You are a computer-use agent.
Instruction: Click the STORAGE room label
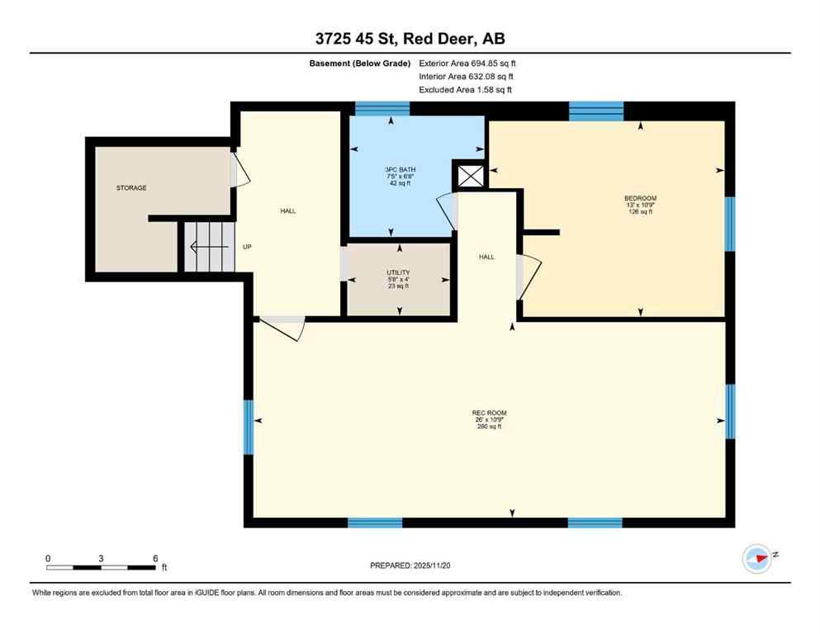[131, 188]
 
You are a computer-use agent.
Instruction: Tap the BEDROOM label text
[640, 198]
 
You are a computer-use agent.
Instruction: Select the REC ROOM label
[489, 413]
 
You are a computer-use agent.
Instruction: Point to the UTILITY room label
[398, 272]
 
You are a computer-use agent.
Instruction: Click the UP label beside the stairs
[247, 246]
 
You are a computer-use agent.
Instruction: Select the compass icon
[757, 558]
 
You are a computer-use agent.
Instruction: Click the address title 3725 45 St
[410, 38]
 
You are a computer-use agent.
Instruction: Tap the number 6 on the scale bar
[154, 558]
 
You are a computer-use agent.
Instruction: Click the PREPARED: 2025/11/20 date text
[410, 565]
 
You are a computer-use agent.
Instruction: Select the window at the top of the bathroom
[382, 108]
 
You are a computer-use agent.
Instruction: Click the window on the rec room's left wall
[248, 427]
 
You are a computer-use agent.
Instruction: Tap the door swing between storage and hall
[235, 168]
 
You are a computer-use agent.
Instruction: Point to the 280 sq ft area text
[489, 426]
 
